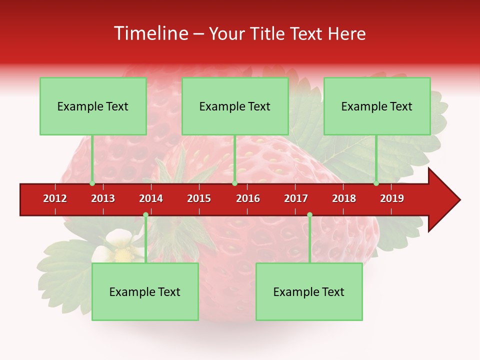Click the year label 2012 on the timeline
click(x=55, y=198)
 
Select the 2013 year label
click(x=103, y=198)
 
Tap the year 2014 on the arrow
click(x=151, y=198)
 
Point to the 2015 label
click(x=199, y=198)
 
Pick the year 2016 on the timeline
click(x=248, y=198)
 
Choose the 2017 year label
click(x=296, y=198)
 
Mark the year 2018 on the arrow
click(x=344, y=198)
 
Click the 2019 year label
click(x=392, y=198)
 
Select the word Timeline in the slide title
click(x=150, y=33)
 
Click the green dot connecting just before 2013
click(x=92, y=183)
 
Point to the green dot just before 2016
click(x=234, y=183)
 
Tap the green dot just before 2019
click(x=376, y=183)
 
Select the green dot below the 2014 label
click(x=145, y=215)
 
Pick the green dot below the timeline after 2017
click(x=309, y=215)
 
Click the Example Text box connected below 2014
click(x=145, y=291)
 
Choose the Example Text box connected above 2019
click(x=377, y=106)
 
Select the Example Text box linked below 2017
click(x=309, y=291)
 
